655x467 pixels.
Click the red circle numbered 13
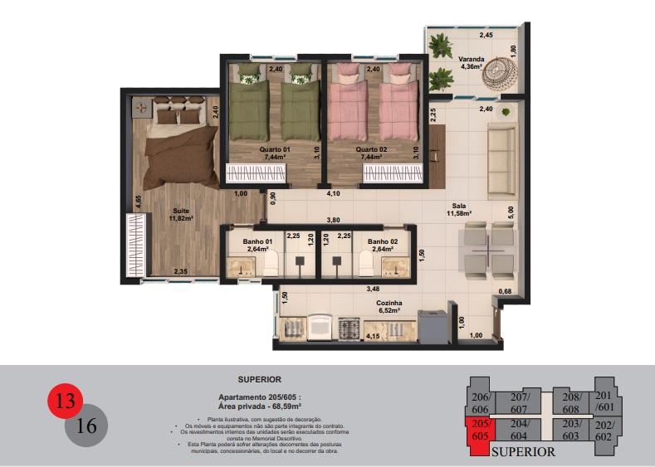coord(65,402)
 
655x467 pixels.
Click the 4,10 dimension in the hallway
coord(334,193)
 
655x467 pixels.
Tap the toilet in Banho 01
coord(271,263)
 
